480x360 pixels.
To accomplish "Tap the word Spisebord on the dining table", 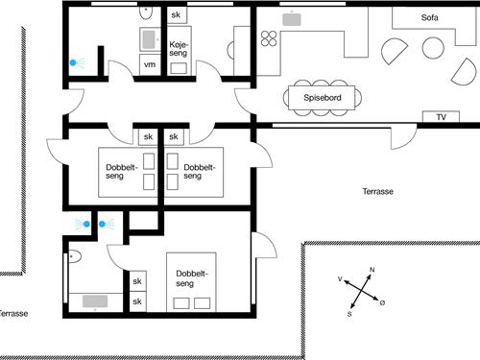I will tap(321, 97).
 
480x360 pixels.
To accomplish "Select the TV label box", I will tap(441, 117).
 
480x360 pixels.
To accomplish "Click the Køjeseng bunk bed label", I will tap(178, 50).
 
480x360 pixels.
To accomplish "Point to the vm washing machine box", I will tap(149, 64).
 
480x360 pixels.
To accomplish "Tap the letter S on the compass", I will tap(349, 314).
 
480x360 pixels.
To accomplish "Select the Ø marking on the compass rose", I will tap(382, 303).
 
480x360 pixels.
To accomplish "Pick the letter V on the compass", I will tap(341, 278).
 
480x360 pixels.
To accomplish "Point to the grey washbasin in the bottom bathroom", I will tap(95, 301).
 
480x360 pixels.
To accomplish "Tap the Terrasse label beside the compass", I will tap(377, 192).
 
